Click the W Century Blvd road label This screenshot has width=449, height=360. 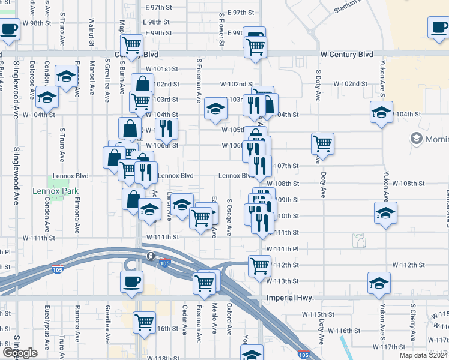[x=346, y=54]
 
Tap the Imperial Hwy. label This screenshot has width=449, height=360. [x=289, y=298]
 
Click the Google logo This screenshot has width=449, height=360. [x=20, y=353]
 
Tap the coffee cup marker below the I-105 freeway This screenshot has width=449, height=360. [x=131, y=281]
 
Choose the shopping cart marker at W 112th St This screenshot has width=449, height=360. [x=259, y=265]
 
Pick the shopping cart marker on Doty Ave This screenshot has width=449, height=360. [x=322, y=143]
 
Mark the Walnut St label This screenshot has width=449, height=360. [x=92, y=31]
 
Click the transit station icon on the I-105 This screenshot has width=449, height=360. [x=149, y=256]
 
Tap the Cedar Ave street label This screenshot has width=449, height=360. [x=184, y=321]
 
